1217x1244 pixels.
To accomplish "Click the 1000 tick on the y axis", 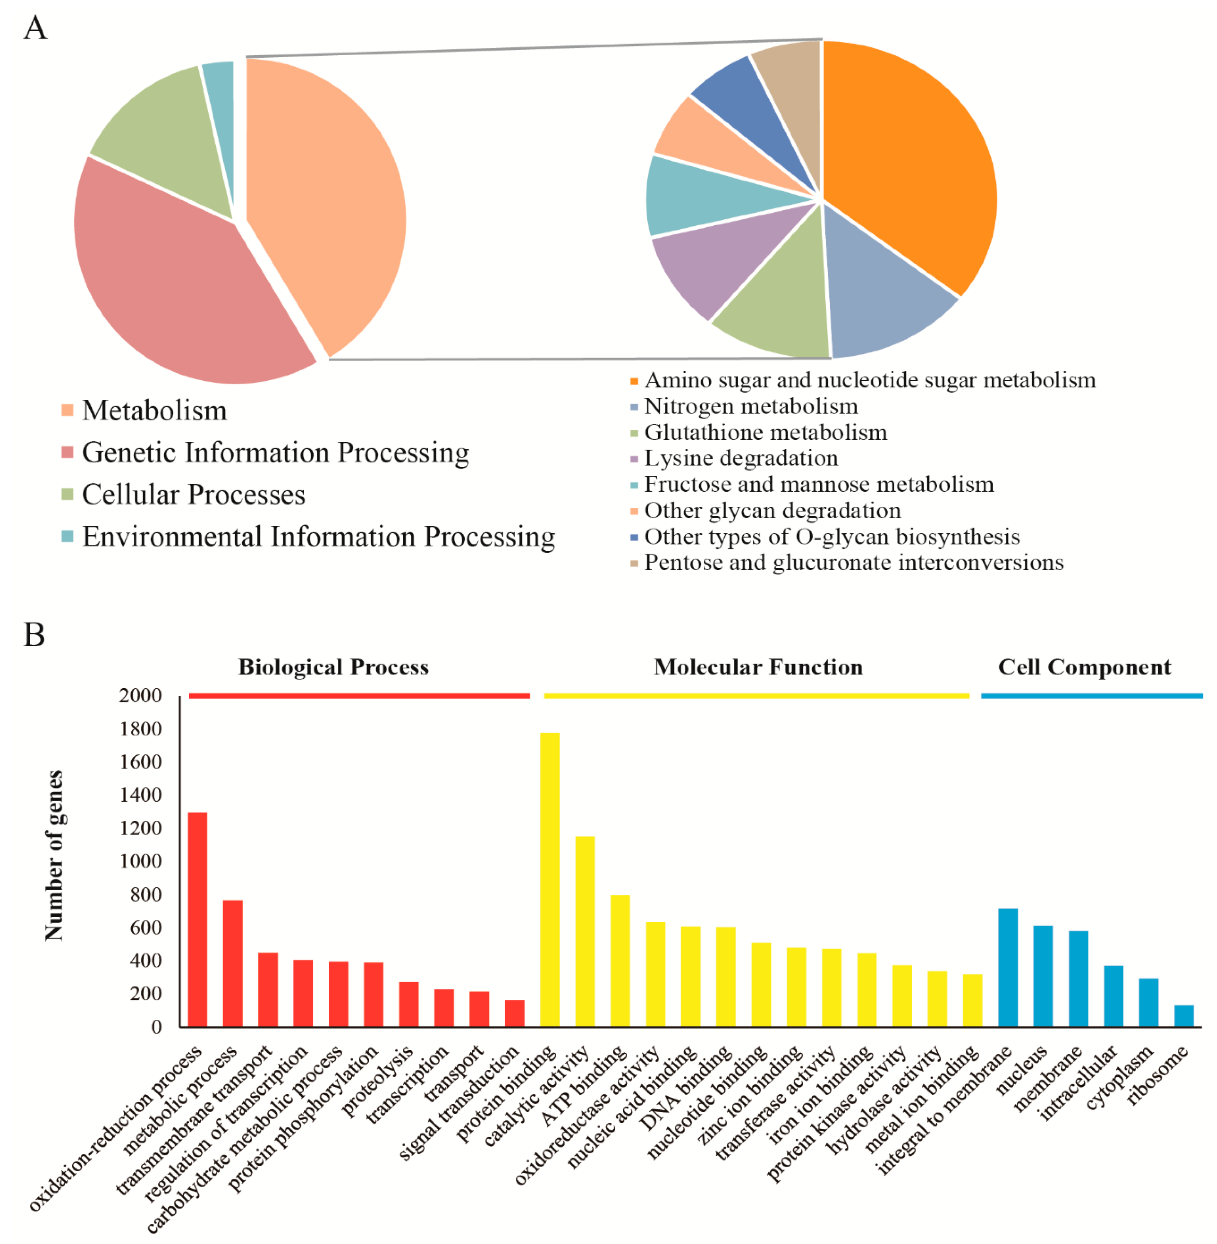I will coord(141,861).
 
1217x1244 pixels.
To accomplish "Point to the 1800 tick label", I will coord(141,729).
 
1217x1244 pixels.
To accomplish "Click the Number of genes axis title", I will coord(54,856).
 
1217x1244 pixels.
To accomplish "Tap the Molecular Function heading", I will coord(758,667).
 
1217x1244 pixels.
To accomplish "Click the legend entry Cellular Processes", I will coord(193,495).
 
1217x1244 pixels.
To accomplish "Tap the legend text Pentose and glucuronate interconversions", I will coord(853,563).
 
